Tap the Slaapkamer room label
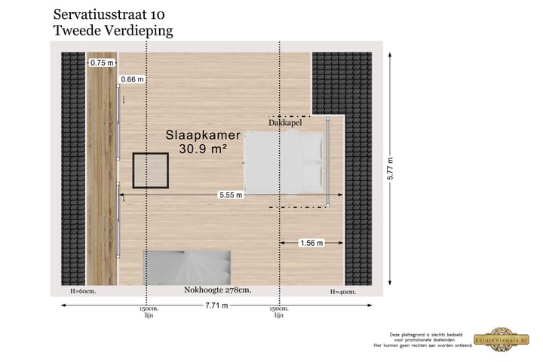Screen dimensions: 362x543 [x=203, y=136]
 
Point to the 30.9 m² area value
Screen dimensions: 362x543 [x=203, y=149]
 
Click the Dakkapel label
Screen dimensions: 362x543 [x=284, y=122]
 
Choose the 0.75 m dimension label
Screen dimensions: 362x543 [x=102, y=63]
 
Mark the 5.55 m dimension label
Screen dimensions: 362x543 [x=231, y=195]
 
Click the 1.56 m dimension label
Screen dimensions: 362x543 [x=311, y=243]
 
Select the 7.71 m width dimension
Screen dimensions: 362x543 [x=216, y=305]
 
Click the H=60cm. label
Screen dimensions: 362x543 [x=82, y=291]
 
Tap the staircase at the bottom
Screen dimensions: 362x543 [x=186, y=268]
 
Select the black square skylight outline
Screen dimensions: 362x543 [x=151, y=170]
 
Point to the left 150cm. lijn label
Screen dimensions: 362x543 [x=148, y=312]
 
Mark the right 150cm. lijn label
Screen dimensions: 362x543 [x=279, y=312]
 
